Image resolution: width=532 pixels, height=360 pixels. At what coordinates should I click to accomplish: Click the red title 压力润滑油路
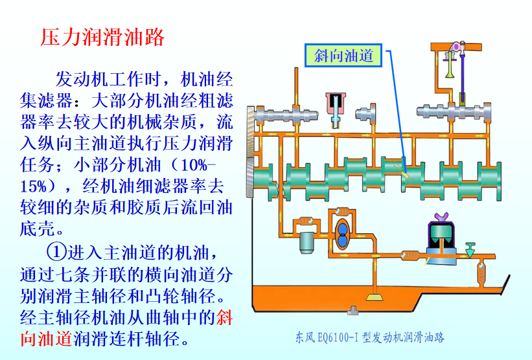coord(102,37)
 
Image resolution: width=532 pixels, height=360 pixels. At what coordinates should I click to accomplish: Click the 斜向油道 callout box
coord(343,55)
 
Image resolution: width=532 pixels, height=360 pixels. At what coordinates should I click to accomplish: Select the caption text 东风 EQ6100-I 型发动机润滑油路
coord(370,337)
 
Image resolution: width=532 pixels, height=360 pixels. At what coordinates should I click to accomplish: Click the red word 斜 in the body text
coord(224,317)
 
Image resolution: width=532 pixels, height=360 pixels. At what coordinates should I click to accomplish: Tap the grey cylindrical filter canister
coord(308,243)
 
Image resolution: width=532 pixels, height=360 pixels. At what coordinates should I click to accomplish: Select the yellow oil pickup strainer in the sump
coord(375,297)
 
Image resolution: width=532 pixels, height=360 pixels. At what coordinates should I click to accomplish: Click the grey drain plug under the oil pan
coord(353,310)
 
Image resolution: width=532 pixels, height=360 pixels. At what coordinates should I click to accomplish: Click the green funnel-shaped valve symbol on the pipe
coord(470,250)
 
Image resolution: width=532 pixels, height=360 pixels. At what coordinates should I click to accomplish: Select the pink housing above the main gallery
coord(335,104)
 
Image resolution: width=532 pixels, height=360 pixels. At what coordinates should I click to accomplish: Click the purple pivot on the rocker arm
coord(456,46)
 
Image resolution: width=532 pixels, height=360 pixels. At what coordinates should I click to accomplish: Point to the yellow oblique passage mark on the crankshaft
coord(404,175)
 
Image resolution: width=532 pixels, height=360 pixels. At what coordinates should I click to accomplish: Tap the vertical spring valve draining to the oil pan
coord(481,272)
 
